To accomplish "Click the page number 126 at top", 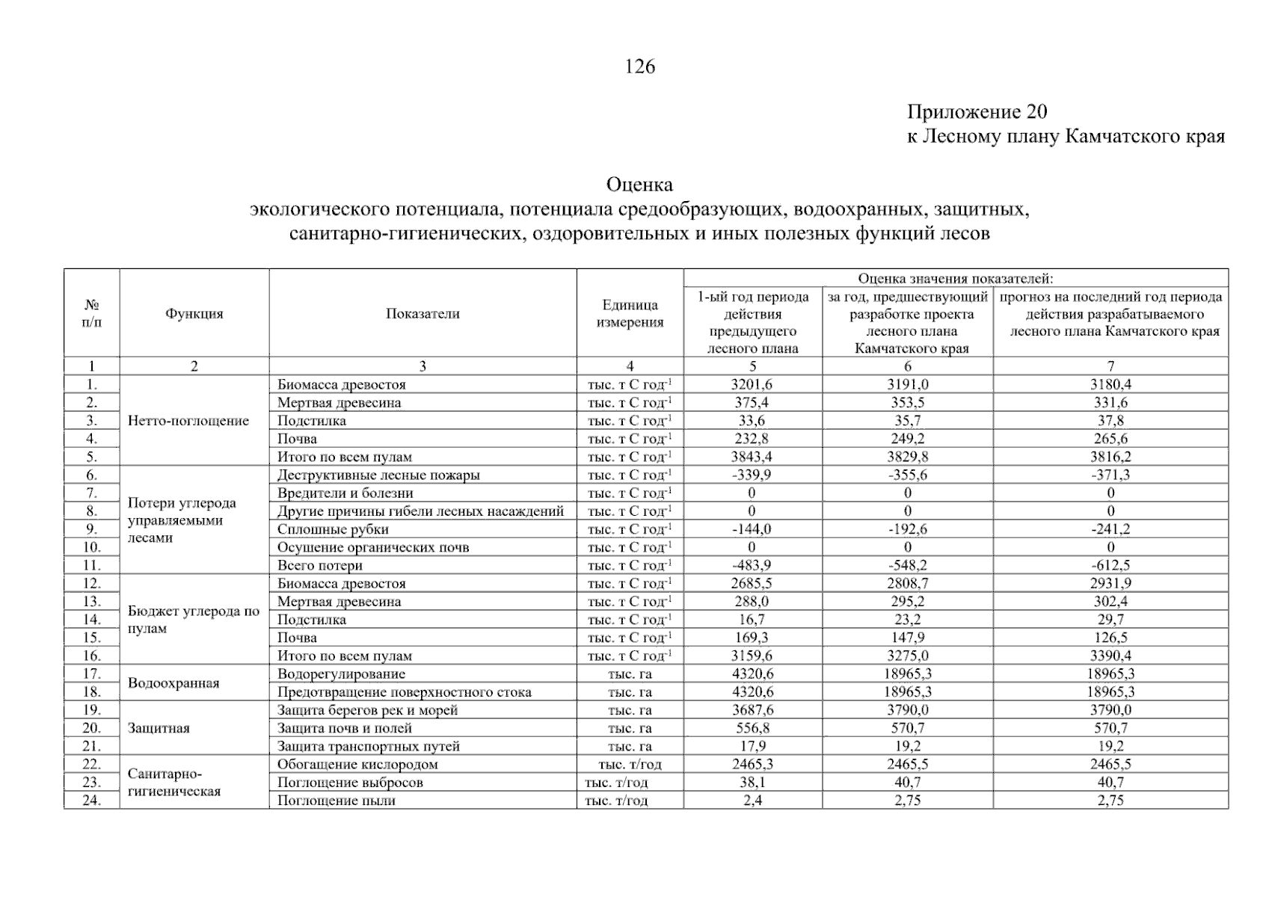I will [639, 67].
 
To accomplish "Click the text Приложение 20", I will [977, 112].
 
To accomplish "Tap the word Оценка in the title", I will [639, 184].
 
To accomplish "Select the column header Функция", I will [194, 314].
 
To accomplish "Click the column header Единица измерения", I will [630, 314].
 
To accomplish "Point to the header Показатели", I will [423, 314].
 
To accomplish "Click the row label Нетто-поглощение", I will [188, 421].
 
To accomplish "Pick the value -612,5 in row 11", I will [1110, 566].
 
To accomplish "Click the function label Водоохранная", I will [173, 683].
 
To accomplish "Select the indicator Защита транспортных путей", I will [368, 747].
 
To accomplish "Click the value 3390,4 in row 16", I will [1110, 656].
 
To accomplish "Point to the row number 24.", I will [91, 801].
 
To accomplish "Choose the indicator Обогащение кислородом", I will [357, 765].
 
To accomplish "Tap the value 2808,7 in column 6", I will [907, 584].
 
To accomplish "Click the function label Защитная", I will [159, 729].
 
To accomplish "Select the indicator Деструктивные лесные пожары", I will [378, 475].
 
